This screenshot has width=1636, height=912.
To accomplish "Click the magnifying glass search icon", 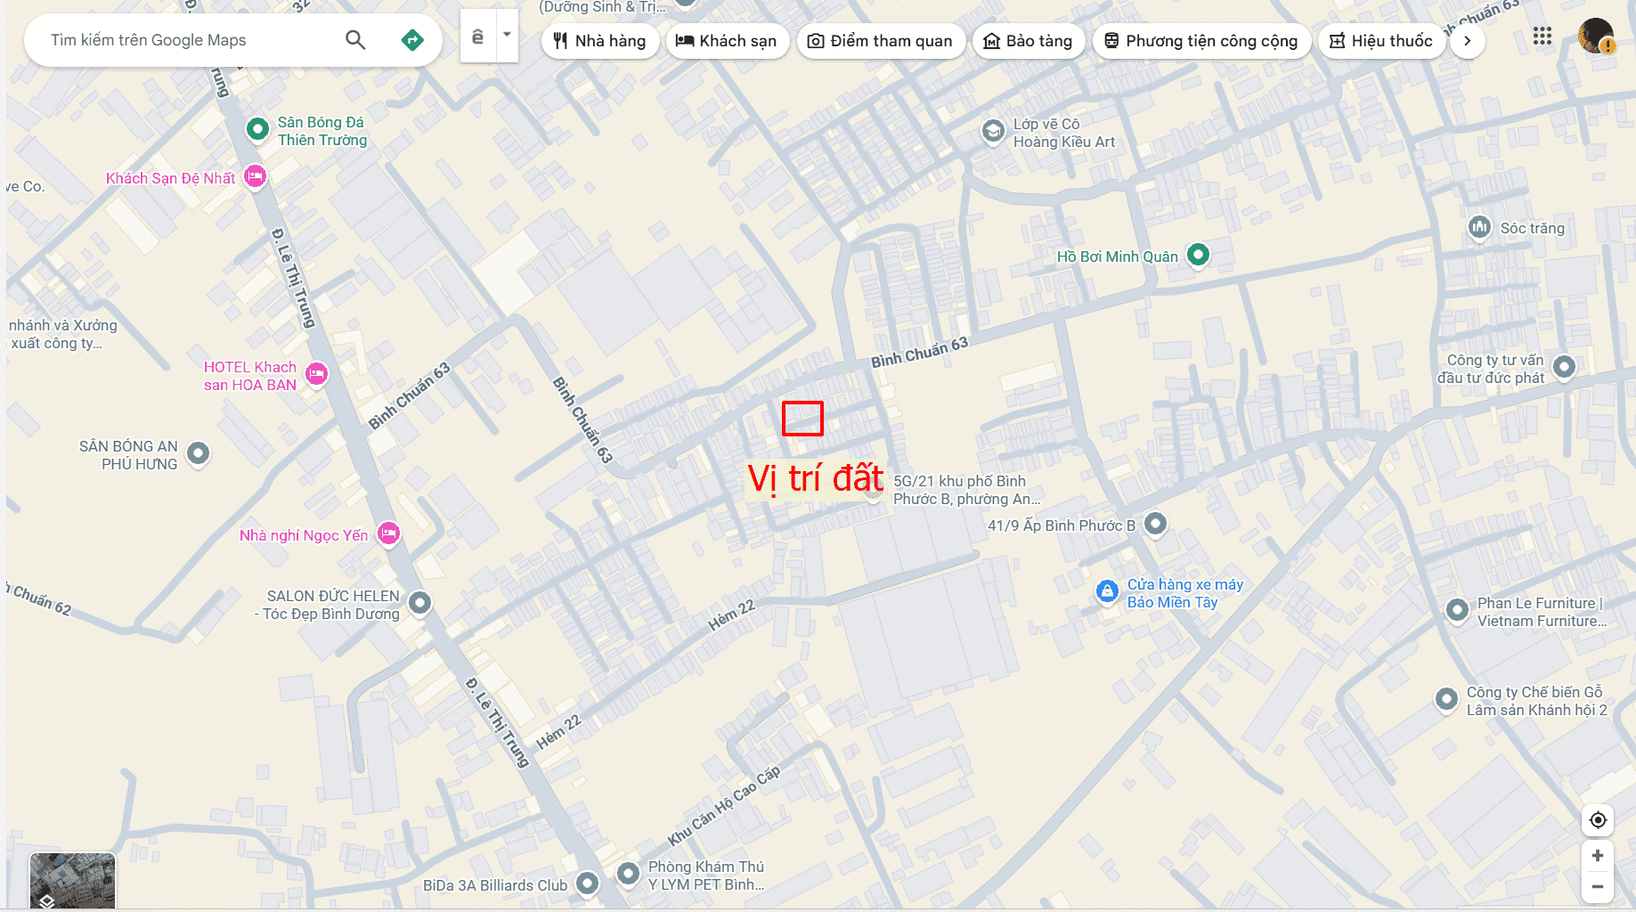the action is [x=355, y=40].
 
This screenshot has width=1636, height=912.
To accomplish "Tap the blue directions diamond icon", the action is [x=412, y=40].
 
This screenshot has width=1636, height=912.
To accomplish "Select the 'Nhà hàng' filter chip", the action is [x=599, y=41].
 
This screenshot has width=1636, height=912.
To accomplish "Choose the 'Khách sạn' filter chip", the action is [x=727, y=41].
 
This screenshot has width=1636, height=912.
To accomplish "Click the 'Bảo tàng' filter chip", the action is [x=1028, y=41].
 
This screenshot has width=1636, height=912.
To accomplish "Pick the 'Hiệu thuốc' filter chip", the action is [x=1380, y=41].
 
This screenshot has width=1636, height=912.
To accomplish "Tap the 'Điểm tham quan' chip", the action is [x=880, y=41].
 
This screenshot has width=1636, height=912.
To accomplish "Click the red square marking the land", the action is [x=802, y=419].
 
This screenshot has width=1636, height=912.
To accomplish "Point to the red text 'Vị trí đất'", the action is [x=815, y=478].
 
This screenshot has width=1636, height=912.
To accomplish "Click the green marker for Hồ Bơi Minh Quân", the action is [x=1198, y=255].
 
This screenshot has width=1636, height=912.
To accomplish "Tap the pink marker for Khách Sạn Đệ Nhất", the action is [x=256, y=176].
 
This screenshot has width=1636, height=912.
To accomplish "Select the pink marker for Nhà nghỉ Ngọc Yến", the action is [x=388, y=533].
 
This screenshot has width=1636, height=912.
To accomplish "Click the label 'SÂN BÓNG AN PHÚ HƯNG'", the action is [x=128, y=455].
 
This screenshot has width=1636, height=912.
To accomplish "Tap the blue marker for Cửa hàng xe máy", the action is [x=1107, y=591].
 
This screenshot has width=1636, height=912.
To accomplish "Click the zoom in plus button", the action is [x=1598, y=856].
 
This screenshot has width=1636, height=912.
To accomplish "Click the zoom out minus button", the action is [x=1598, y=886].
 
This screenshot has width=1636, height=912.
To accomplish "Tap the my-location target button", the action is [x=1598, y=820].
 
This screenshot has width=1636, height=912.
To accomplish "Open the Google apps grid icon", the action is [x=1542, y=37].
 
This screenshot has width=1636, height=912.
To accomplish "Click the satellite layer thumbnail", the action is [x=72, y=881].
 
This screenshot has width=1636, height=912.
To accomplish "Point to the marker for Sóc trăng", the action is [x=1479, y=227].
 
